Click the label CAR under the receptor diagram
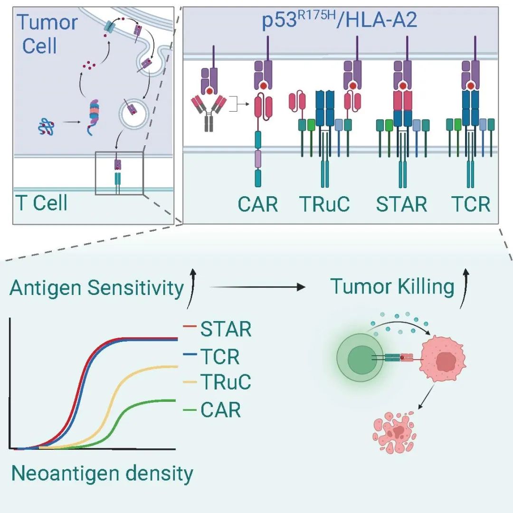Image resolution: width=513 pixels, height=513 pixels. click(x=258, y=204)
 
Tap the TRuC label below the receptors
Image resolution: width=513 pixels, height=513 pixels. click(x=324, y=204)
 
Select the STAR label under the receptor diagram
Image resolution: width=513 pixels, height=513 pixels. click(x=401, y=204)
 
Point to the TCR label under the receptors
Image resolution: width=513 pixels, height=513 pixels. click(x=470, y=204)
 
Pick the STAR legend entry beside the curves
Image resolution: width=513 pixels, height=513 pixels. click(x=226, y=329)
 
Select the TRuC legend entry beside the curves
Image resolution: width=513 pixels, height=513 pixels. click(x=226, y=381)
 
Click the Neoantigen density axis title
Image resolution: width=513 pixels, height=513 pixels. click(x=102, y=474)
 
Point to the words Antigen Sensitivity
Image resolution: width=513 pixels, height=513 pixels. click(x=97, y=288)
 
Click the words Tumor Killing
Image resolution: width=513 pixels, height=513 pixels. click(x=392, y=287)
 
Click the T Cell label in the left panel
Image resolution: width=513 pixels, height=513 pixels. click(x=41, y=203)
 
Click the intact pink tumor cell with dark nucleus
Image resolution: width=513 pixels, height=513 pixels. click(x=443, y=359)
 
